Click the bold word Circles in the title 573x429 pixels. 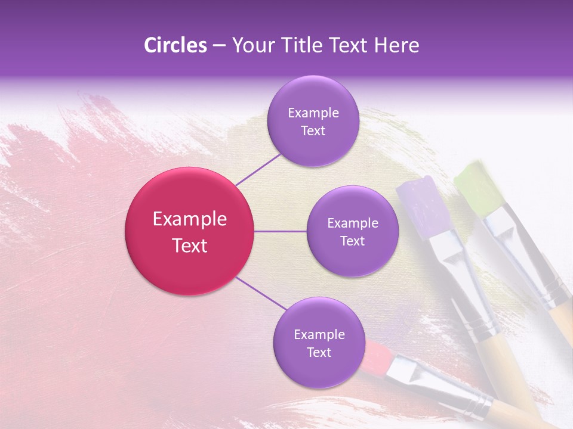[x=175, y=45]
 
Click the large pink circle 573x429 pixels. [x=189, y=231]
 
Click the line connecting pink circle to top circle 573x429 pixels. [x=257, y=169]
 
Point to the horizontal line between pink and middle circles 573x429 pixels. [x=281, y=231]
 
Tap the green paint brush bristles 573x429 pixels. [x=479, y=187]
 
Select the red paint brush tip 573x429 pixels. [x=375, y=356]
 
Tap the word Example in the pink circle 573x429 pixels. [x=189, y=219]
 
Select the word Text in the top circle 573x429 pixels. [x=313, y=131]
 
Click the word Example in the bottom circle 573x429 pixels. [x=319, y=334]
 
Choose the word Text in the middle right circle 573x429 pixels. [x=352, y=241]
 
